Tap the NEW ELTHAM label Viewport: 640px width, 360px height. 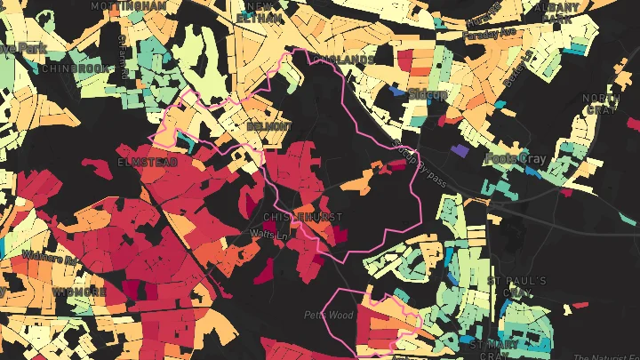258,11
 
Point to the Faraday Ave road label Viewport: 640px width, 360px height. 490,34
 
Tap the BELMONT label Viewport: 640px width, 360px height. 268,127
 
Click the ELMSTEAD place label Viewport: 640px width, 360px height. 148,164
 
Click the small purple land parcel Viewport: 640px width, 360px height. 460,152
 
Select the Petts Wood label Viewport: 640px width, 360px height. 329,315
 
